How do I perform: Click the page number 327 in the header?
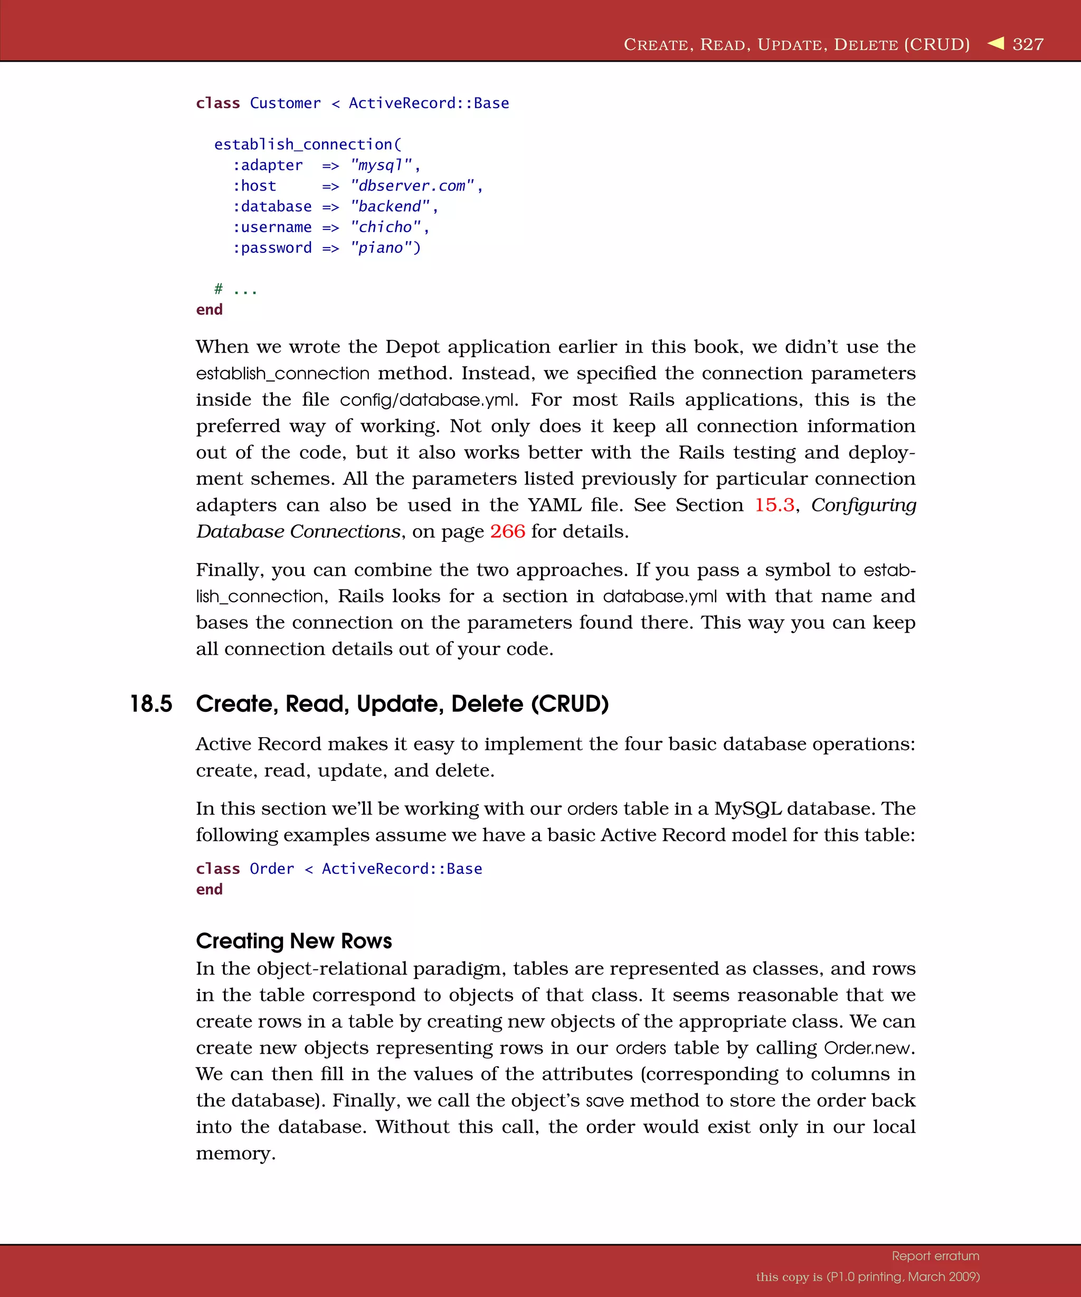1028,44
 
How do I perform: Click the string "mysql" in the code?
381,166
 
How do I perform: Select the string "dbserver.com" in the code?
412,186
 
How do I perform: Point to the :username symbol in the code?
272,227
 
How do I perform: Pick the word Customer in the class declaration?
285,103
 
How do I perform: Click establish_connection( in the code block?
308,145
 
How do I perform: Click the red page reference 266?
507,532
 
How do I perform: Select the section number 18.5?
151,704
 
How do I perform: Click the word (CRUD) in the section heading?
570,704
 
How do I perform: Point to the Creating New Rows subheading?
294,941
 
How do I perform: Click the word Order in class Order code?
272,869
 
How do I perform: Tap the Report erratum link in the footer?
935,1256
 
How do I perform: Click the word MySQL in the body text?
747,808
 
